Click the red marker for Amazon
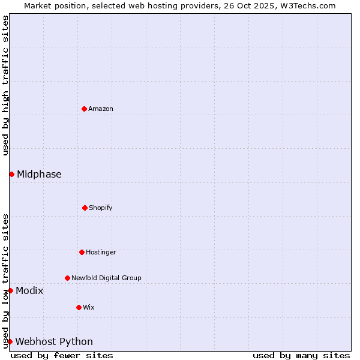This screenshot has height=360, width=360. [x=84, y=109]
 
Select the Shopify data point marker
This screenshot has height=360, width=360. [x=85, y=208]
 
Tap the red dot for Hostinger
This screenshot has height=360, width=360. [x=82, y=252]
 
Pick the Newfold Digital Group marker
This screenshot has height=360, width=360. [x=67, y=278]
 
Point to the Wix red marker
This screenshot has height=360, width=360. [x=79, y=307]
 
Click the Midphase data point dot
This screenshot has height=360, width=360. [x=11, y=174]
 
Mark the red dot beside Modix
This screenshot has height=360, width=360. [x=10, y=290]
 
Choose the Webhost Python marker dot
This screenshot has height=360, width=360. [x=10, y=341]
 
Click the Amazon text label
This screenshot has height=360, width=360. [x=101, y=109]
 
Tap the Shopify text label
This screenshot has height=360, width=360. [x=101, y=208]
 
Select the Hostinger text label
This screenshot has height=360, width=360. [x=101, y=252]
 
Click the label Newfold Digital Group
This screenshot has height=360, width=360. [x=106, y=278]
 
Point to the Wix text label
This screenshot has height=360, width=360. [x=89, y=307]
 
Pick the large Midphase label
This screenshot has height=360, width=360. [x=39, y=174]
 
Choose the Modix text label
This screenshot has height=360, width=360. [x=29, y=290]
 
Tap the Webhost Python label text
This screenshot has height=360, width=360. [x=54, y=341]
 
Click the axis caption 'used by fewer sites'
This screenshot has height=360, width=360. [x=62, y=355]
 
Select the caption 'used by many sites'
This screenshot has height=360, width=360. [x=301, y=355]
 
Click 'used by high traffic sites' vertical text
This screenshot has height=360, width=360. [x=5, y=85]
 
